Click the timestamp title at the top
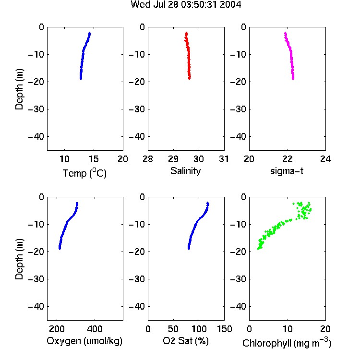(186, 4)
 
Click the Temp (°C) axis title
(84, 173)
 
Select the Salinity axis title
(185, 171)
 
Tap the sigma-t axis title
(287, 171)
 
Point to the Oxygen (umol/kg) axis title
(84, 341)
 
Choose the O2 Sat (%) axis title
(185, 341)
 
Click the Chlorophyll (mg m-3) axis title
(287, 343)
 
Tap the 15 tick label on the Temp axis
(94, 159)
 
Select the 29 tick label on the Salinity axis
(173, 159)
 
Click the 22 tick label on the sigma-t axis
(287, 159)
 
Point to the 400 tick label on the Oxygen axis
(95, 329)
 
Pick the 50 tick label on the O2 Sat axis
(173, 329)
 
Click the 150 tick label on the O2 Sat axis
(224, 329)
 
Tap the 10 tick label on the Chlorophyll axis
(287, 329)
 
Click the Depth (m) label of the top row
(19, 89)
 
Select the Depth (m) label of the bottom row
(19, 259)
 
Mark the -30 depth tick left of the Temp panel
(36, 109)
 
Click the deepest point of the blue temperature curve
(81, 79)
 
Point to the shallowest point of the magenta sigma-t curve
(286, 33)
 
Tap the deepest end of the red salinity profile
(190, 79)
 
